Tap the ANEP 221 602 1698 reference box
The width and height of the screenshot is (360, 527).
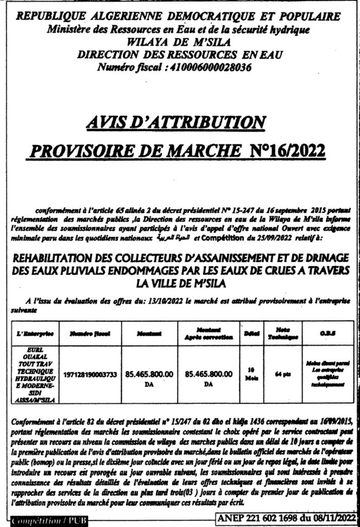pos(287,517)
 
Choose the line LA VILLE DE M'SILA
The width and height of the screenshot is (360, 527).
pos(181,284)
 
